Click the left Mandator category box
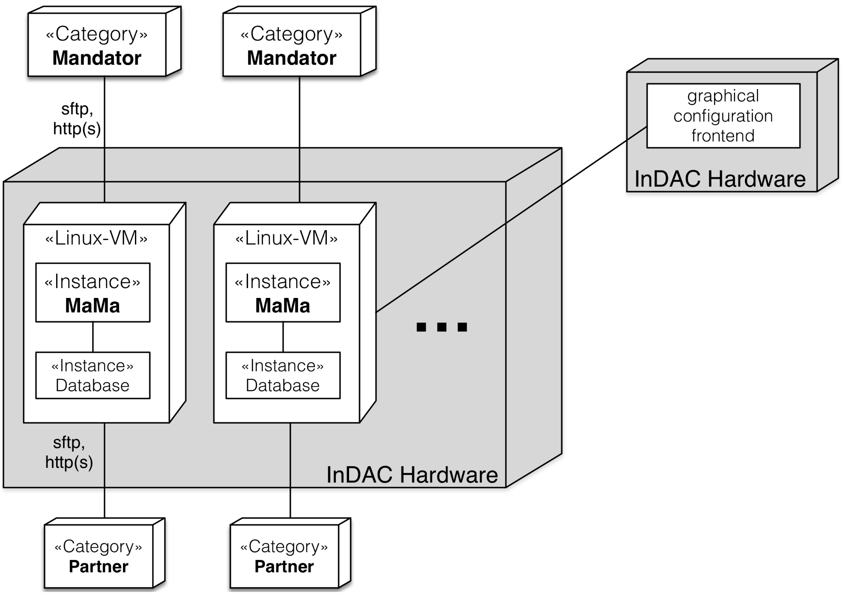coord(97,45)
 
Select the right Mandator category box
coord(292,45)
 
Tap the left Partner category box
coord(99,556)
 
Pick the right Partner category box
coord(284,556)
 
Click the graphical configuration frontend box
coord(723,116)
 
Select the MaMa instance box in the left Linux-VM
coord(93,293)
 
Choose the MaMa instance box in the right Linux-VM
coord(283,293)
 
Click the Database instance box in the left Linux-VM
coord(93,375)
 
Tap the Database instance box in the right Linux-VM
coord(283,375)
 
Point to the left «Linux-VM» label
coord(96,238)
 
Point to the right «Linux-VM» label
coord(287,238)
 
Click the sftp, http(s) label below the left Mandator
coord(77,119)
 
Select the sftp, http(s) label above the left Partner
coord(69,452)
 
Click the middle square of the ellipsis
coord(442,327)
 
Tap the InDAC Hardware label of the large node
coord(412,475)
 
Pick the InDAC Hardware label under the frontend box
coord(720,179)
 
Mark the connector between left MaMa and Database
coord(93,337)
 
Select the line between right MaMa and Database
coord(283,337)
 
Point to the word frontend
coord(723,136)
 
